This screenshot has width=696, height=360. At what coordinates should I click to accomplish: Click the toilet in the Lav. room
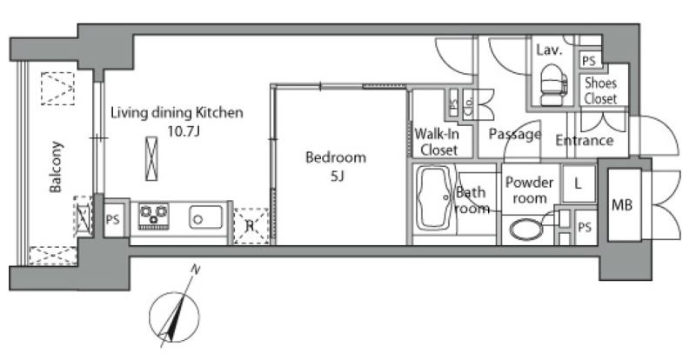pyautogui.click(x=553, y=85)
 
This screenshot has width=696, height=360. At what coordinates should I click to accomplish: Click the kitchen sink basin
pyautogui.click(x=206, y=217)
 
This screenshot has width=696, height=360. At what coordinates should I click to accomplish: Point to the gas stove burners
pyautogui.click(x=154, y=216)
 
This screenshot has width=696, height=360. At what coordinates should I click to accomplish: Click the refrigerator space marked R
pyautogui.click(x=251, y=226)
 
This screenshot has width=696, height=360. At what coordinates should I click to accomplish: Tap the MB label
pyautogui.click(x=622, y=204)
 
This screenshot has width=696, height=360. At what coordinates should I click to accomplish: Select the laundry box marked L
pyautogui.click(x=578, y=183)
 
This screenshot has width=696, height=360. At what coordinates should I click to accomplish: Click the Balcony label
pyautogui.click(x=56, y=166)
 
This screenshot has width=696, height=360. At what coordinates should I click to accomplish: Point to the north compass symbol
pyautogui.click(x=174, y=317)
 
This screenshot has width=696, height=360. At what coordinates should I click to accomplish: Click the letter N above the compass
pyautogui.click(x=194, y=269)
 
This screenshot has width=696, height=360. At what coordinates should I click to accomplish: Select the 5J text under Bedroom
pyautogui.click(x=338, y=177)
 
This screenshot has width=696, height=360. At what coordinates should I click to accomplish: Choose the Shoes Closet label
pyautogui.click(x=600, y=90)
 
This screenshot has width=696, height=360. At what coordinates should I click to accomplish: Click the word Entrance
pyautogui.click(x=584, y=140)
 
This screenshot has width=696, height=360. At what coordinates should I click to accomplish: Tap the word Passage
pyautogui.click(x=515, y=134)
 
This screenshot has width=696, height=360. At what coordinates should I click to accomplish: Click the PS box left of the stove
pyautogui.click(x=113, y=219)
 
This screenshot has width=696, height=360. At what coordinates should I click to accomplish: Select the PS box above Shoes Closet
pyautogui.click(x=589, y=60)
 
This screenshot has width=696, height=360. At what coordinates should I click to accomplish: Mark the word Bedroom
pyautogui.click(x=336, y=157)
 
